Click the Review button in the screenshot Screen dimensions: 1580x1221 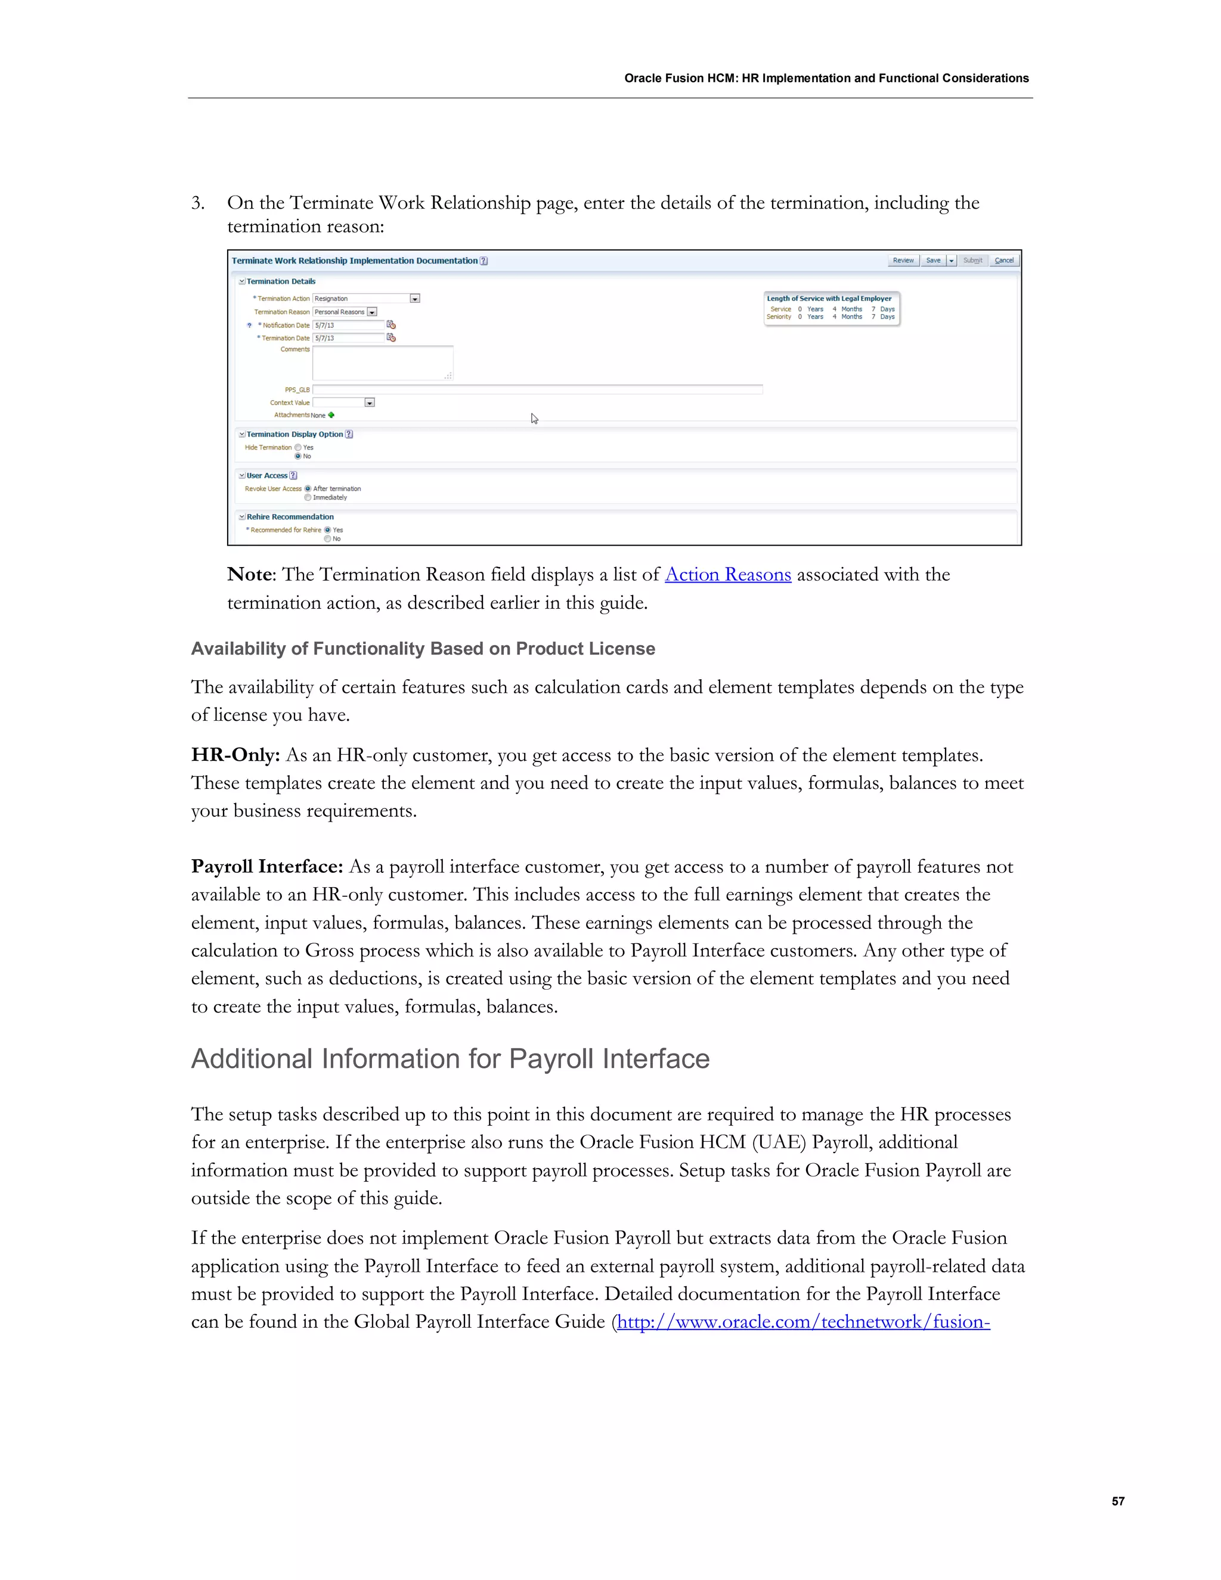(903, 261)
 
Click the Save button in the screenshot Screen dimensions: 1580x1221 (933, 261)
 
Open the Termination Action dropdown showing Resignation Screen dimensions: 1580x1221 (414, 299)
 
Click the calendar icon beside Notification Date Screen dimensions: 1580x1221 (391, 325)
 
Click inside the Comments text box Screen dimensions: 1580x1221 (383, 363)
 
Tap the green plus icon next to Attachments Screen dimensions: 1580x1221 (331, 415)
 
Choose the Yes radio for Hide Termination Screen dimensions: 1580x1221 (298, 448)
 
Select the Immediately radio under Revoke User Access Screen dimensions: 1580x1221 (308, 498)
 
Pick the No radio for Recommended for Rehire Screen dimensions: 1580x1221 (328, 539)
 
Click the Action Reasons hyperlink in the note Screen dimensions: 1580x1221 (728, 574)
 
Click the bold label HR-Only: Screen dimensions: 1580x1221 (235, 755)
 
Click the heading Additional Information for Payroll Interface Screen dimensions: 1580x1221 (450, 1059)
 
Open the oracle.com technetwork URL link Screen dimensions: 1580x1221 (803, 1322)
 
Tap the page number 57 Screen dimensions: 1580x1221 (1118, 1501)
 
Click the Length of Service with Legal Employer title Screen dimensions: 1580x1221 (829, 299)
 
